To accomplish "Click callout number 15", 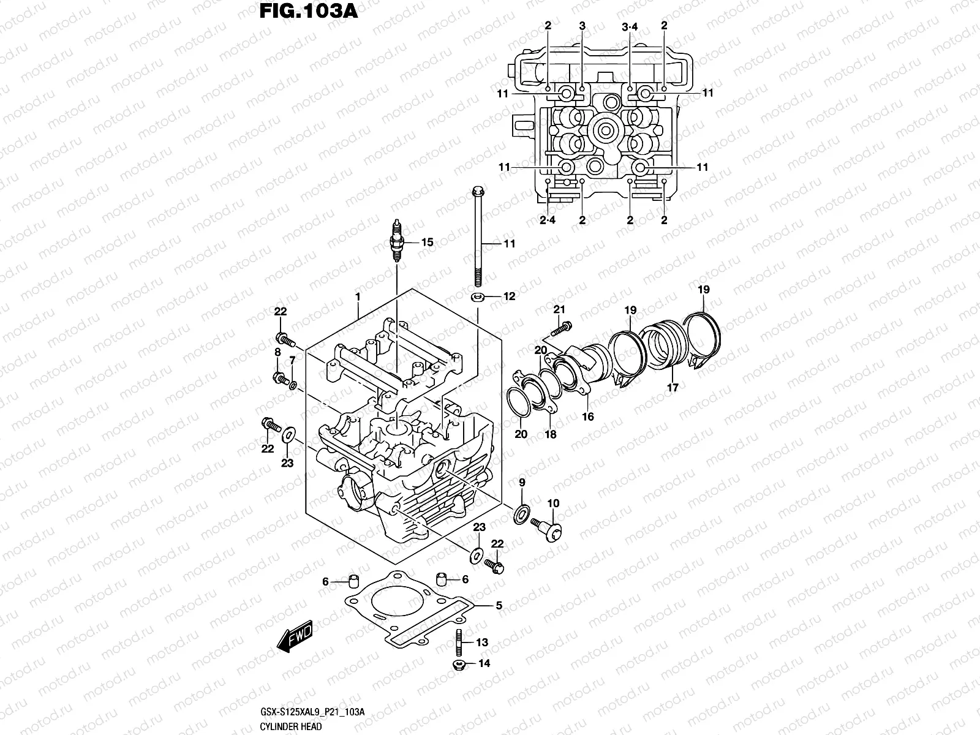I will (427, 243).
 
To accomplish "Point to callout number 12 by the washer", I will (509, 296).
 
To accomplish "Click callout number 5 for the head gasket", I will (499, 606).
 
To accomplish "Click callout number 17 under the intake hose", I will (673, 388).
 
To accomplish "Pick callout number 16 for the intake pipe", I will (588, 417).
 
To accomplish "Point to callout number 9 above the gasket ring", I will (522, 483).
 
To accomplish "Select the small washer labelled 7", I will (293, 385).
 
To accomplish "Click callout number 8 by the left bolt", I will (277, 352).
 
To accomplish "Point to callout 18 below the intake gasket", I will (551, 434).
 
